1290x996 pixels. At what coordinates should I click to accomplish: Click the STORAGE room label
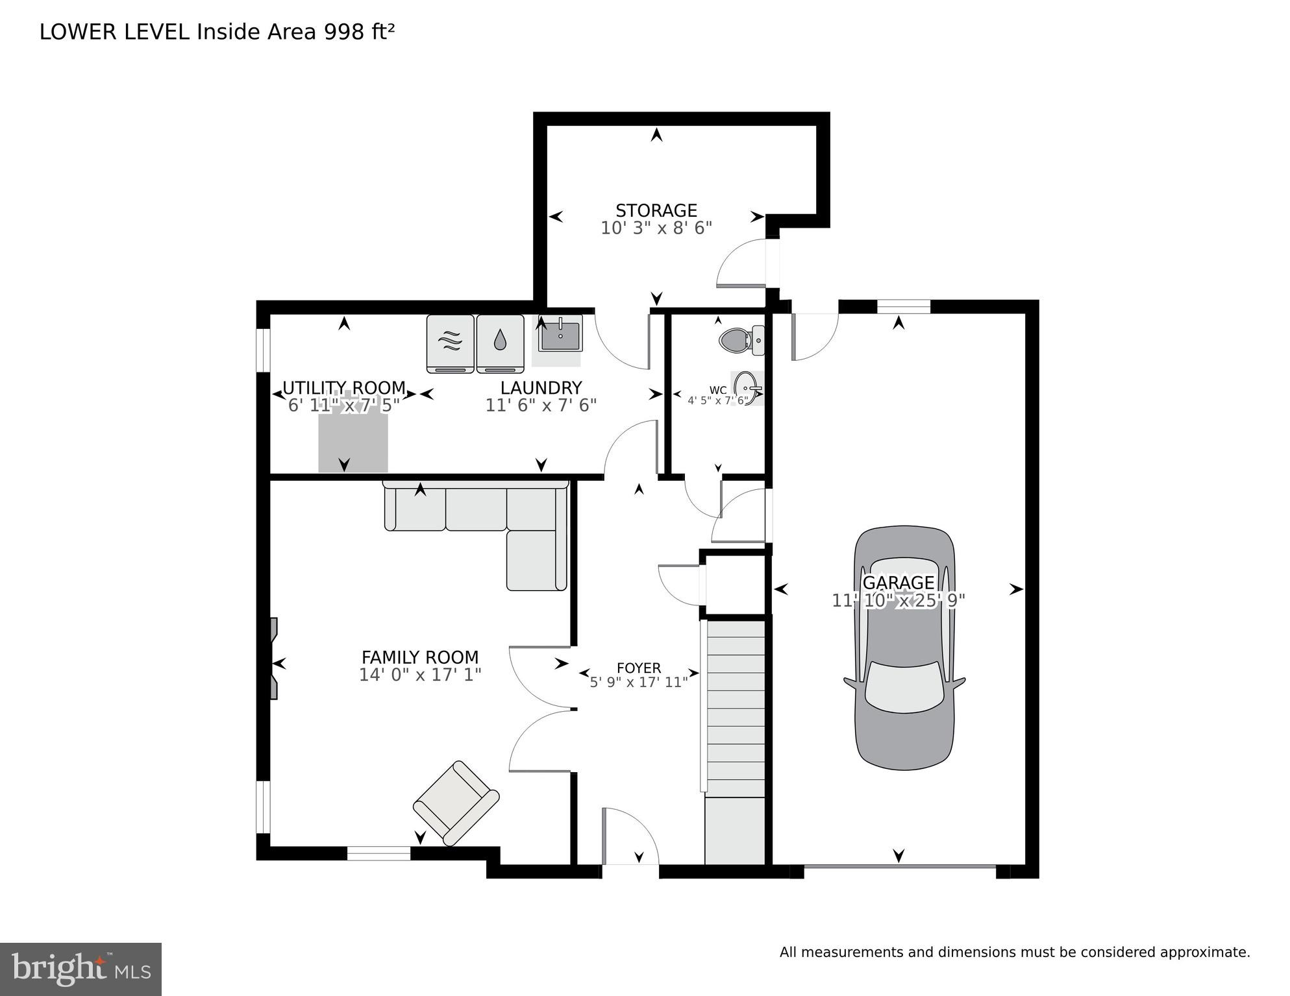coord(656,210)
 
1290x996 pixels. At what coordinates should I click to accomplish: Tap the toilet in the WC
coord(740,340)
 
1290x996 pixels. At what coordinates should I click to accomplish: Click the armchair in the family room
coord(456,803)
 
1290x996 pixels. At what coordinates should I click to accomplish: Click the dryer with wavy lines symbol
coord(450,343)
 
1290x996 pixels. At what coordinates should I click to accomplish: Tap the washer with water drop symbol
coord(500,343)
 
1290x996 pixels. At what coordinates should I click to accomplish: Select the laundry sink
coord(560,334)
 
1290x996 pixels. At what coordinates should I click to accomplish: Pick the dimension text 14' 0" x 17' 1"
coord(420,675)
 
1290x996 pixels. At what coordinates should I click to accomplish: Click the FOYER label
coord(639,668)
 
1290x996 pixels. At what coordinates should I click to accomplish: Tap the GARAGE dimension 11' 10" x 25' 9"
coord(899,601)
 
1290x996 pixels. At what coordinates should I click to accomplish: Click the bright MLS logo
coord(81,969)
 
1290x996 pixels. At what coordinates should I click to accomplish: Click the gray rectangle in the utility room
coord(353,441)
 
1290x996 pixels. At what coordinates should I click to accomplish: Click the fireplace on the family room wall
coord(274,659)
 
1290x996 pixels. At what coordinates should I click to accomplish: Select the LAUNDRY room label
coord(541,388)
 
